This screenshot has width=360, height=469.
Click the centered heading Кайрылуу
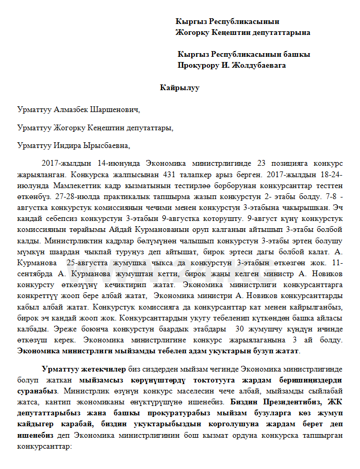(180, 88)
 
